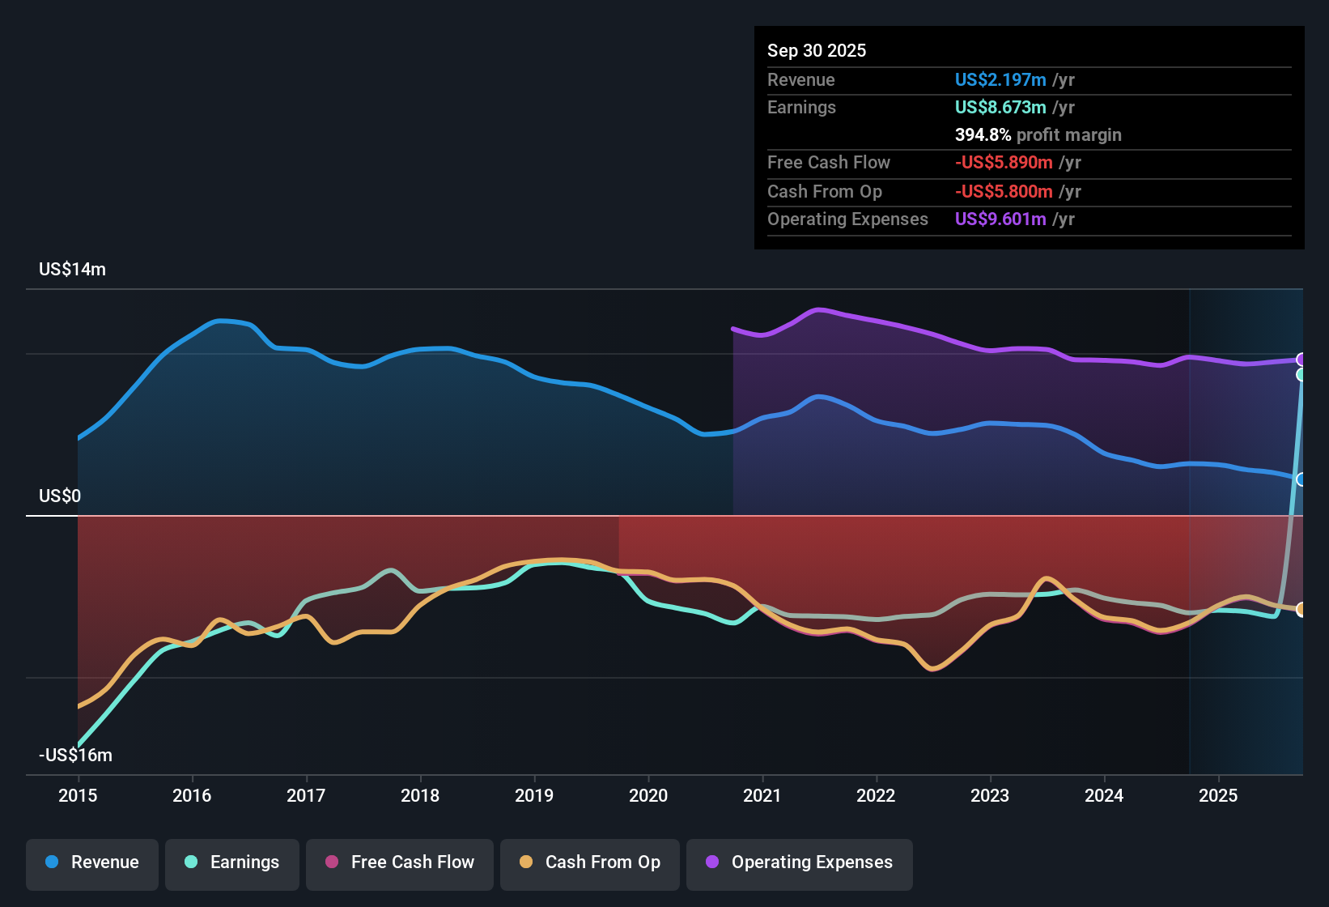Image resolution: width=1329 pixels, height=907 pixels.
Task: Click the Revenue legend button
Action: pos(92,862)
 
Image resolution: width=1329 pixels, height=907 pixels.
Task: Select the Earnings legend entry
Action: pos(232,862)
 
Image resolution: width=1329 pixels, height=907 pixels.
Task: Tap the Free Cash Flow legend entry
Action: pos(400,862)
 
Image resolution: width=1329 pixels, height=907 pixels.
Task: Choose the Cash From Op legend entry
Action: pos(590,862)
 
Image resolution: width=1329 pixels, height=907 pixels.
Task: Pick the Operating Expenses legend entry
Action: pos(800,862)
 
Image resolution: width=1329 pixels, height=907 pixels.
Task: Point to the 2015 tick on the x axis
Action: pos(78,795)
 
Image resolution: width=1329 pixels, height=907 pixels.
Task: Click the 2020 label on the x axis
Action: pos(648,795)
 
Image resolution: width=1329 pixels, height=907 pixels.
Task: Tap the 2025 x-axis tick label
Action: pos(1218,795)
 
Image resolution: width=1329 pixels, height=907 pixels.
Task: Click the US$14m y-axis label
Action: pos(72,270)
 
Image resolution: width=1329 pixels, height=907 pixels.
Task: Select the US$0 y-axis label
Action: pos(60,496)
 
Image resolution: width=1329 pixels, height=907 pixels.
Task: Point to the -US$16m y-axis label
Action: pos(75,755)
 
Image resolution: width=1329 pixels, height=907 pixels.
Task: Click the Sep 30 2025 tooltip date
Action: pos(817,51)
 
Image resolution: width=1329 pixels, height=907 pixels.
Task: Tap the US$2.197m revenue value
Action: pos(1000,80)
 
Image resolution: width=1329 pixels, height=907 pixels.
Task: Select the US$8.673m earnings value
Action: pos(1000,108)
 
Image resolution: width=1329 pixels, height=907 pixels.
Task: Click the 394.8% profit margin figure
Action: pos(983,135)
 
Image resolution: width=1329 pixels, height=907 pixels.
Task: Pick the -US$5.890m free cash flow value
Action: pos(1004,163)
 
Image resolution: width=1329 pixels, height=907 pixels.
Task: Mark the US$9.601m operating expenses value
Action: pos(1000,219)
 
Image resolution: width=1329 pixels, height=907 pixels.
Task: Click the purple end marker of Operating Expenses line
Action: pos(1301,360)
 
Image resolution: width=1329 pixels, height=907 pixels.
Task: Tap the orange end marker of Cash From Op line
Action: pos(1301,610)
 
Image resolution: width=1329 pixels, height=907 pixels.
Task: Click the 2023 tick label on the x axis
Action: pos(990,795)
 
